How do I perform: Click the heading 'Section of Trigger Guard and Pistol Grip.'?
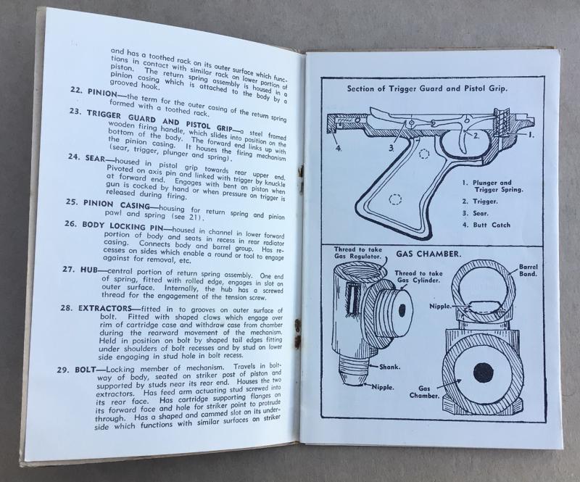click(427, 88)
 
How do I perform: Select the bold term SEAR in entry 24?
click(95, 159)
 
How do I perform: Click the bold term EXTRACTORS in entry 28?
click(105, 308)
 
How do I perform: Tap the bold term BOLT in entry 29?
click(86, 370)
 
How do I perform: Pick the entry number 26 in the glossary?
click(70, 224)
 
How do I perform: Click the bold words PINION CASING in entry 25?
click(117, 204)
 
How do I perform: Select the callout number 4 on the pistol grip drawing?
click(339, 149)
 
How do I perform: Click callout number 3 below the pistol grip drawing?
click(391, 149)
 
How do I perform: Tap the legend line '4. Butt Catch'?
click(486, 225)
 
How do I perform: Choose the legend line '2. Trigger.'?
click(480, 201)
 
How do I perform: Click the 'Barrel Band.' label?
click(529, 270)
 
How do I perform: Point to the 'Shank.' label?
click(390, 367)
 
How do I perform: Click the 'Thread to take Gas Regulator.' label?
click(357, 253)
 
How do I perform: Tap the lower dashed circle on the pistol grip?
click(395, 200)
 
